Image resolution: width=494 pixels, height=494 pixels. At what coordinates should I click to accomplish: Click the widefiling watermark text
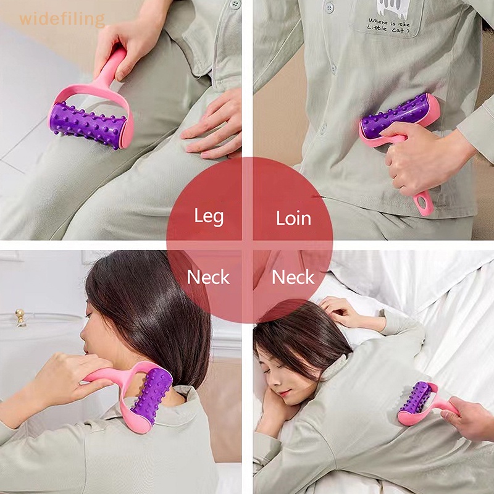pyautogui.click(x=62, y=19)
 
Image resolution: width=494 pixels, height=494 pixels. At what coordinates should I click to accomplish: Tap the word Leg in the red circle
pyautogui.click(x=209, y=217)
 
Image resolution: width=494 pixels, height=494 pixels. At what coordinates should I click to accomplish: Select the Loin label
pyautogui.click(x=293, y=217)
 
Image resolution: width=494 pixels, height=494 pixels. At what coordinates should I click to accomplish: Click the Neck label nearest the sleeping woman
pyautogui.click(x=293, y=277)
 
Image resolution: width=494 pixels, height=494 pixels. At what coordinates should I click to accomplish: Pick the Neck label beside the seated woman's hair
pyautogui.click(x=209, y=277)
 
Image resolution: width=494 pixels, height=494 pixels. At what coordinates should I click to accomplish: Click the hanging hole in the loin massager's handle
pyautogui.click(x=424, y=202)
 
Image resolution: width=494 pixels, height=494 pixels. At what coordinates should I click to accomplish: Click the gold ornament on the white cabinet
pyautogui.click(x=20, y=316)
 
